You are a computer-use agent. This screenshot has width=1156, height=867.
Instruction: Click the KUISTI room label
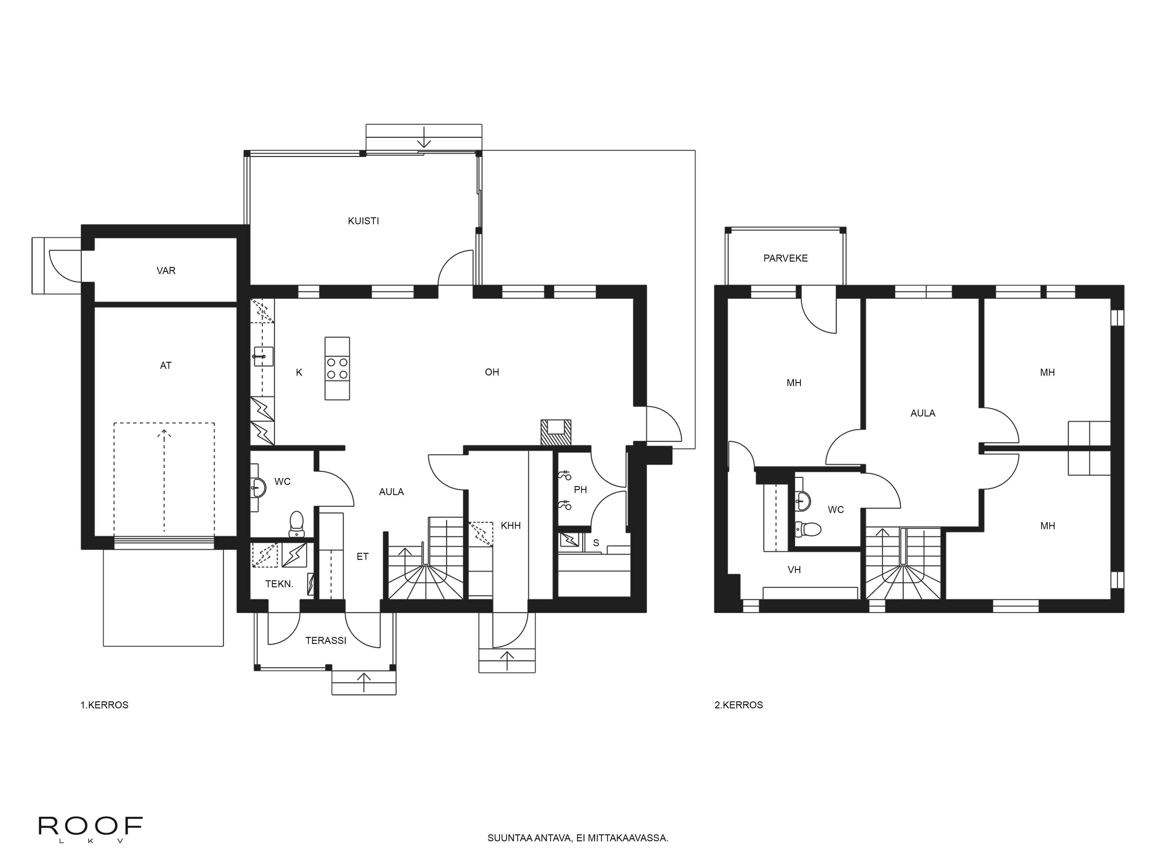click(x=363, y=221)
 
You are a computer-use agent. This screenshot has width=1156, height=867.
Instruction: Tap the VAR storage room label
click(x=166, y=271)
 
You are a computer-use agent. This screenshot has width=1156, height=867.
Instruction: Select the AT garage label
click(x=166, y=366)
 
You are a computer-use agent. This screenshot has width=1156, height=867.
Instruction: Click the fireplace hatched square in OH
click(x=556, y=432)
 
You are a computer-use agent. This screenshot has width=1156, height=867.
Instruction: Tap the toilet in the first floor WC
click(x=296, y=524)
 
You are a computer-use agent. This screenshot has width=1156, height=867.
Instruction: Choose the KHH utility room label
click(x=511, y=526)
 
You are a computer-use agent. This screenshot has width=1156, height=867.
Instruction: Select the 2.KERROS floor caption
click(x=738, y=705)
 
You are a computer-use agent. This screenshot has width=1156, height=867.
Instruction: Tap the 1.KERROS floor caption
click(x=104, y=705)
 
